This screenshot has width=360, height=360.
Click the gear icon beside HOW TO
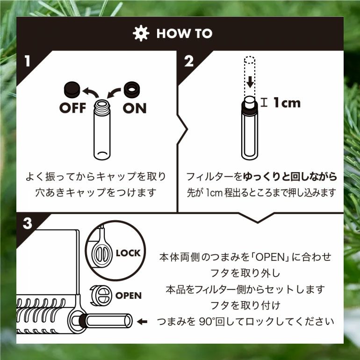[141, 33]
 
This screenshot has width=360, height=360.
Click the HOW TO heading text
[184, 34]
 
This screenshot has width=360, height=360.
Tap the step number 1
[28, 61]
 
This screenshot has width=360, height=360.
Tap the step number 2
[189, 61]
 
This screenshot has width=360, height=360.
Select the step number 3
[28, 223]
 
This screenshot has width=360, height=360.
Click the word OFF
[72, 108]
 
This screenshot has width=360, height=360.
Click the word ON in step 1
[135, 108]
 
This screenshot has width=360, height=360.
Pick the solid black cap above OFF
[72, 89]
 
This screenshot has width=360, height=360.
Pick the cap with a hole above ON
[132, 89]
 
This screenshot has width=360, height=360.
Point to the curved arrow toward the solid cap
[91, 91]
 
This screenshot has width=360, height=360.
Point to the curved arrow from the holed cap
[114, 93]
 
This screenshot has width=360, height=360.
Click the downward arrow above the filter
[250, 82]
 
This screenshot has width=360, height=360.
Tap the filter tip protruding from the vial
[250, 102]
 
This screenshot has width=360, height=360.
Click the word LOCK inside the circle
[128, 253]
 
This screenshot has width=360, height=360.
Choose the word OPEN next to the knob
[129, 295]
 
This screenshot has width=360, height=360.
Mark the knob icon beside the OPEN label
[101, 295]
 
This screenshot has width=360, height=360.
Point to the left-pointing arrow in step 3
[142, 322]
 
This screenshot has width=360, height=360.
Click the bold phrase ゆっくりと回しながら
[290, 176]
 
